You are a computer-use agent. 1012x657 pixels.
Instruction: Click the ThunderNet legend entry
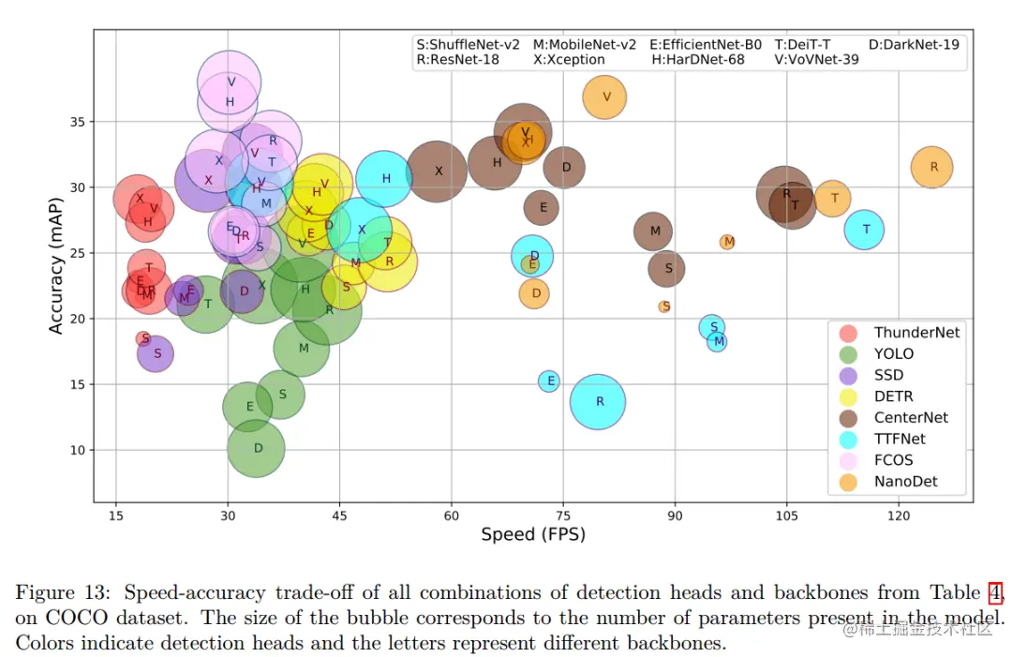[915, 333]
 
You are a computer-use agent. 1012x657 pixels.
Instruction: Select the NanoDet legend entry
[905, 482]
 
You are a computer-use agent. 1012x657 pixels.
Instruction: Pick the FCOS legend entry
[893, 460]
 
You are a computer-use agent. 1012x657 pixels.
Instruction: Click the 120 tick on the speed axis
[899, 515]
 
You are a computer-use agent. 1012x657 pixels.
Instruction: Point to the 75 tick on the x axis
[563, 515]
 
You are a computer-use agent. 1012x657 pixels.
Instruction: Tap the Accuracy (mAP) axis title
[57, 265]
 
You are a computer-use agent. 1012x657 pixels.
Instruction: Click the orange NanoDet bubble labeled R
[932, 167]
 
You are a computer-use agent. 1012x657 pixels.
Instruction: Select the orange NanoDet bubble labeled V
[605, 97]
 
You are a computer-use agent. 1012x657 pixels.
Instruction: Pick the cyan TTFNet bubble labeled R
[598, 401]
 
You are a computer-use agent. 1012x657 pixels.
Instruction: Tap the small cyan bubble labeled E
[549, 381]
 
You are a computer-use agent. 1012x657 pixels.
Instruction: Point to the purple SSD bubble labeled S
[156, 353]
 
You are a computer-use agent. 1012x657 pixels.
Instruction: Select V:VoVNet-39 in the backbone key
[816, 60]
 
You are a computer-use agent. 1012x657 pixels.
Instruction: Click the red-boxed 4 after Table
[995, 592]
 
